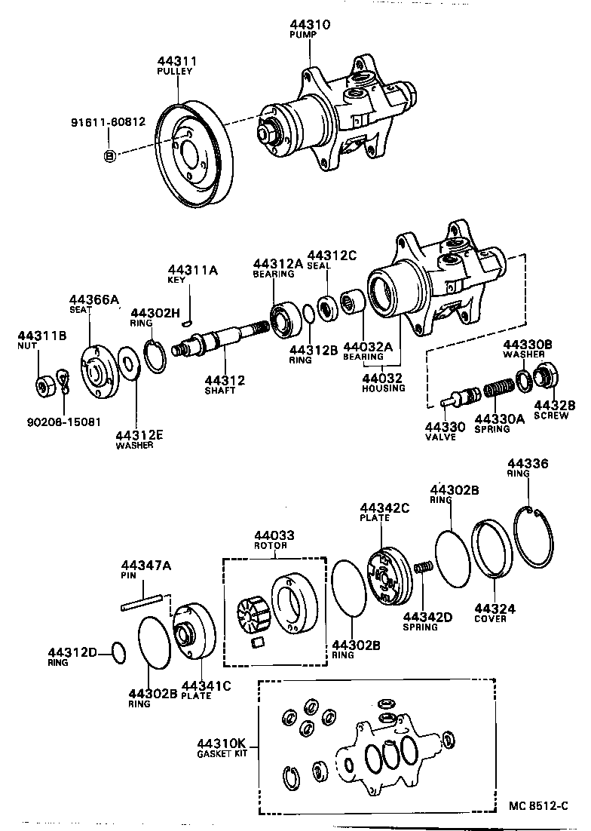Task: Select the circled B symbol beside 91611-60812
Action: (x=109, y=156)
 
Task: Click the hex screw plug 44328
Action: (x=544, y=378)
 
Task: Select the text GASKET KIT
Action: (x=222, y=753)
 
